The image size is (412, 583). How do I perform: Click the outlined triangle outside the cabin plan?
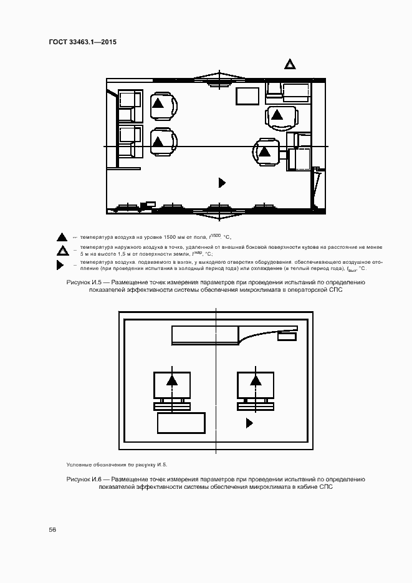289,64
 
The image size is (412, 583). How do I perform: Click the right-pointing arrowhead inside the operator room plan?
221,183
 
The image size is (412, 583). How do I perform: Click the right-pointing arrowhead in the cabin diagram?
249,423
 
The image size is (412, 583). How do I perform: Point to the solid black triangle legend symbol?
62,237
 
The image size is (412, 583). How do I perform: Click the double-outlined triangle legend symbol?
62,251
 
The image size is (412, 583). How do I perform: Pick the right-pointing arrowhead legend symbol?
60,266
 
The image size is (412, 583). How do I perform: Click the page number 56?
52,529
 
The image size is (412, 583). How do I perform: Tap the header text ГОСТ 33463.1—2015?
82,42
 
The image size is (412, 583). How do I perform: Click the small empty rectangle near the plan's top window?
247,97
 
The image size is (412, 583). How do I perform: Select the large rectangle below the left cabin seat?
181,423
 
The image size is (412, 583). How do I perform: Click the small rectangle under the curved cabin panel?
287,337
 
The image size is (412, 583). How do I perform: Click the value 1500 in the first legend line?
216,234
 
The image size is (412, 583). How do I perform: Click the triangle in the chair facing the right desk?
265,151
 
